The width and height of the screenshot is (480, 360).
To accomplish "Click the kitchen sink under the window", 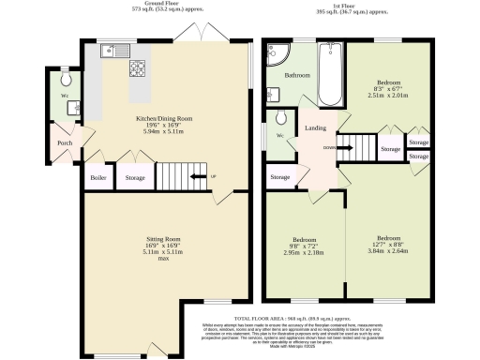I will (x=110, y=52).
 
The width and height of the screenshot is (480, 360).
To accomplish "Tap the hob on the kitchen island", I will (x=138, y=67).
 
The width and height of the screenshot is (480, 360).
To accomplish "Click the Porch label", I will (x=65, y=143).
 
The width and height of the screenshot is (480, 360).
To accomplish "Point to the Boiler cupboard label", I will (x=97, y=176).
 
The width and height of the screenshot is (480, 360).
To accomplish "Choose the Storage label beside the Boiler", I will (x=135, y=176).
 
